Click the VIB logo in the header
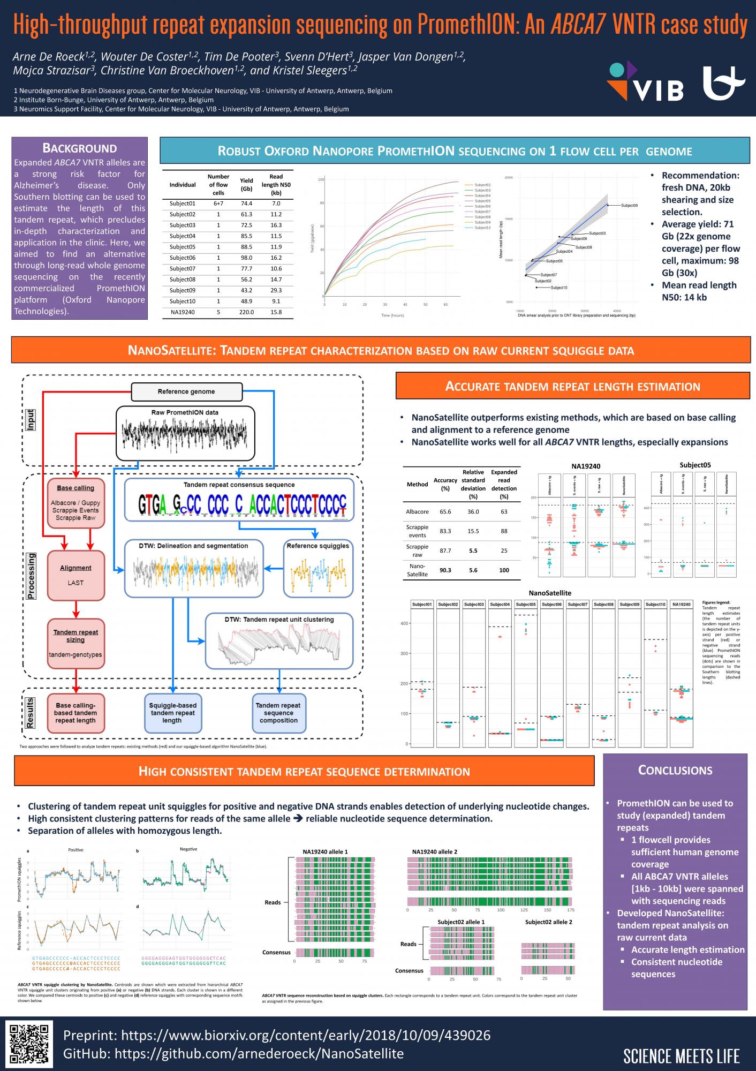645,82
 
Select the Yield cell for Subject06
246,258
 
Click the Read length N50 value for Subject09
276,290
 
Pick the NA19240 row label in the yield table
183,312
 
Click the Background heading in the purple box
79,148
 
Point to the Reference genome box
186,391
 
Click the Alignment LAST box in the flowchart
75,575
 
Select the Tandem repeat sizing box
75,643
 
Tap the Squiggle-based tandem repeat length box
172,713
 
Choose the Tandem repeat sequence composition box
278,713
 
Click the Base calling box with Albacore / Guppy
75,503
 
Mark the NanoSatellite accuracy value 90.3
445,570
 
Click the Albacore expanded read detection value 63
504,511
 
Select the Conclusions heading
675,770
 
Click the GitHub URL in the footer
233,1053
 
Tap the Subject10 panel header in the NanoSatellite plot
655,605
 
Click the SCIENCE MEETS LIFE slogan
681,1056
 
